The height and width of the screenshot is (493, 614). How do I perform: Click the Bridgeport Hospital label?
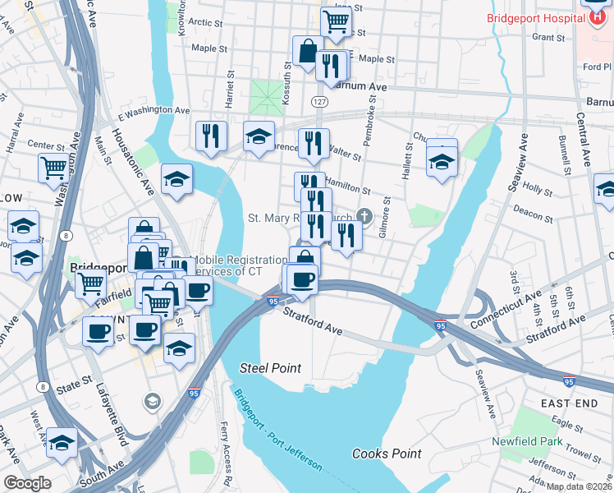point(538,18)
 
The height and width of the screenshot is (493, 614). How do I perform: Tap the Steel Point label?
point(270,367)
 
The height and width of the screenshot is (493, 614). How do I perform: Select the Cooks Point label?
point(387,454)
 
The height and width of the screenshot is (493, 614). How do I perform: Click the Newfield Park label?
point(527,442)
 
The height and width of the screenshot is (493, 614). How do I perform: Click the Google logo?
point(27,482)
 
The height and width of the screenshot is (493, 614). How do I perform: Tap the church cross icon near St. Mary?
point(366,217)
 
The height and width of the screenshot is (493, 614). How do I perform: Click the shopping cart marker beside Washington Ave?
point(53,167)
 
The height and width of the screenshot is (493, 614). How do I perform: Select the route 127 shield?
point(318,100)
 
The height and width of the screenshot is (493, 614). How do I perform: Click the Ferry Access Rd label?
point(226,443)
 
